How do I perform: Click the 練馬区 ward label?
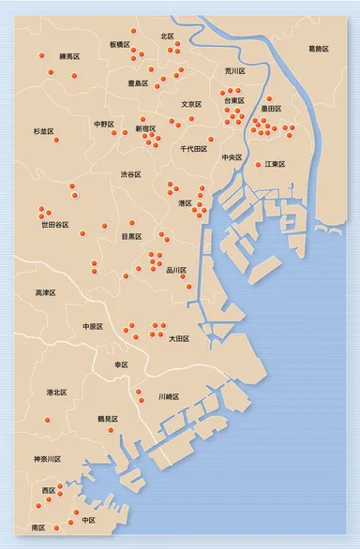[x=69, y=57]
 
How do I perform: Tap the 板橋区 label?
[x=119, y=44]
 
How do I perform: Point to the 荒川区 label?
[x=234, y=71]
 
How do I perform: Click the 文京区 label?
[x=192, y=104]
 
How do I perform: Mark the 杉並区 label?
[x=44, y=132]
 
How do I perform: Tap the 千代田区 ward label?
[x=194, y=149]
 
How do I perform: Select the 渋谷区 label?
[x=131, y=174]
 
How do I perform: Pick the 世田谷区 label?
[x=54, y=225]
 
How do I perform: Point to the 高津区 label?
[x=45, y=293]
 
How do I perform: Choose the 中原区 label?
[x=93, y=326]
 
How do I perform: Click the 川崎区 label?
[x=170, y=396]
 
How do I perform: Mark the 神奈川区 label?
[x=47, y=459]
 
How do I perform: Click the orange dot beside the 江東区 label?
[x=259, y=165]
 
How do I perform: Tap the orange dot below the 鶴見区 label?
[x=111, y=431]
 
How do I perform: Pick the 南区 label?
[x=38, y=528]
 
